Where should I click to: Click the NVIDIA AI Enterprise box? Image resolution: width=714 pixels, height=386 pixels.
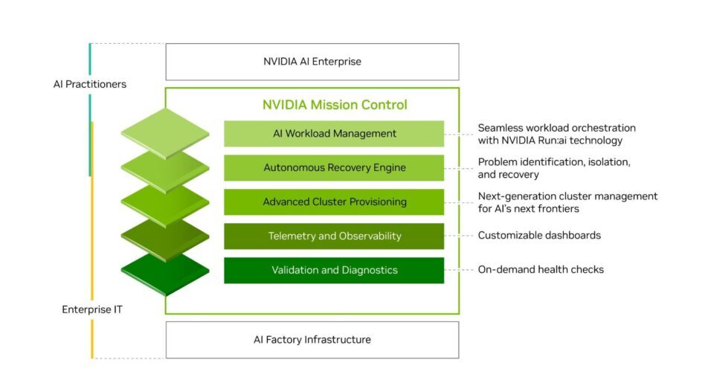312,62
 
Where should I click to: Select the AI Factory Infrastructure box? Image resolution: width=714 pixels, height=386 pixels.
312,340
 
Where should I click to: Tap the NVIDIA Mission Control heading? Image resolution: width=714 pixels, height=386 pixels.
335,105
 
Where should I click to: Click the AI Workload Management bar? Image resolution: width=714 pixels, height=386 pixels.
334,134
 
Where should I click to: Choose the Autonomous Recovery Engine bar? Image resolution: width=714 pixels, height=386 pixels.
334,168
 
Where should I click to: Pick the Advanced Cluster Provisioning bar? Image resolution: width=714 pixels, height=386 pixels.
334,202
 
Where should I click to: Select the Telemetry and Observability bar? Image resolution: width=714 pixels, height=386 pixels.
334,237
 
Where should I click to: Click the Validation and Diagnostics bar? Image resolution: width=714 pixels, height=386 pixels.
334,270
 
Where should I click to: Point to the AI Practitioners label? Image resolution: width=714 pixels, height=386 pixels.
89,84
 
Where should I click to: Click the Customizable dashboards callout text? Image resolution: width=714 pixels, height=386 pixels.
538,236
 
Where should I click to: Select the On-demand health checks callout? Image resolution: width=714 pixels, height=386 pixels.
540,269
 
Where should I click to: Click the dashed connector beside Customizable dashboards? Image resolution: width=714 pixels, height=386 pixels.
460,236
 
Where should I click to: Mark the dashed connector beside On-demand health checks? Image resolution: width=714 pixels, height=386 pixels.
460,270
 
